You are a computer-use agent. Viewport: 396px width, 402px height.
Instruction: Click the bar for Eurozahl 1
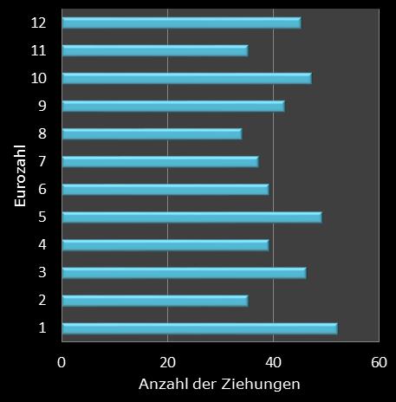[x=199, y=328]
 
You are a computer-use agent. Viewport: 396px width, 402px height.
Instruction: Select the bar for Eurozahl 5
[x=192, y=217]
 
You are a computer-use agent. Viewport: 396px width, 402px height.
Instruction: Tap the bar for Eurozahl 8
[x=152, y=133]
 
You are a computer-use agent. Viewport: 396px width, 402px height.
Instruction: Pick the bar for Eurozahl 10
[x=186, y=78]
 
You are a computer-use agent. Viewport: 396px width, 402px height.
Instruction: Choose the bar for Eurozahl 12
[x=181, y=23]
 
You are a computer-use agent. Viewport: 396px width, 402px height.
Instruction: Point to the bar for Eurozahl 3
[x=184, y=273]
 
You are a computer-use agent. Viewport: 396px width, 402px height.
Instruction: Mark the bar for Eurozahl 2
[x=154, y=301]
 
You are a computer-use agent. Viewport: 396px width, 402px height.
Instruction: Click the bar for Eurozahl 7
[x=159, y=161]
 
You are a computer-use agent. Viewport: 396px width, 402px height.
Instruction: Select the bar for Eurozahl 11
[x=154, y=50]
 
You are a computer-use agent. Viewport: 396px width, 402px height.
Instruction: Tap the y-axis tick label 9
[x=42, y=106]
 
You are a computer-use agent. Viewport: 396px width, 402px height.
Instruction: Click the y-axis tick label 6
[x=42, y=189]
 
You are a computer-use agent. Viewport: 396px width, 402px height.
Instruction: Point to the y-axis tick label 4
[x=42, y=244]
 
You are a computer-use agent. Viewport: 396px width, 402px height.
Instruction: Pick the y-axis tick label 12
[x=38, y=23]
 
